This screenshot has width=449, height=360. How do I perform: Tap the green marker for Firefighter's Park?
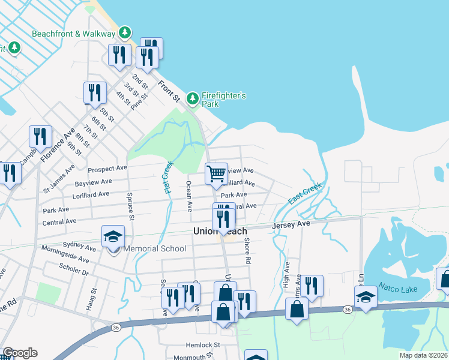pyautogui.click(x=192, y=97)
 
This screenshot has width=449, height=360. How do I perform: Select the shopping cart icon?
pyautogui.click(x=216, y=174)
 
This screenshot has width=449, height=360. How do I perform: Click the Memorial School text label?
pyautogui.click(x=154, y=248)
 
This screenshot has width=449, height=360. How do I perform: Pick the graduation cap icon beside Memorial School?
pyautogui.click(x=112, y=238)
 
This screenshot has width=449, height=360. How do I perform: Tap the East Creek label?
pyautogui.click(x=305, y=194)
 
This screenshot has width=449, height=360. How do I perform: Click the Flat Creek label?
pyautogui.click(x=169, y=177)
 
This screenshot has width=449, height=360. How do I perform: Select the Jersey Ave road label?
pyautogui.click(x=291, y=224)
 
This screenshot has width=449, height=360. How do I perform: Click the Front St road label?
pyautogui.click(x=169, y=88)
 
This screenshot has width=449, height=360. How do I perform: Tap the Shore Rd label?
pyautogui.click(x=247, y=251)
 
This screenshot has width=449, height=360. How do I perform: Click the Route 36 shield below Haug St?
pyautogui.click(x=116, y=328)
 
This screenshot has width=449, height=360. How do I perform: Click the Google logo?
pyautogui.click(x=20, y=353)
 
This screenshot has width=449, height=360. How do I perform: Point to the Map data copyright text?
pyautogui.click(x=424, y=355)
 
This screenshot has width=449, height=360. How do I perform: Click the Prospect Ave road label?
pyautogui.click(x=108, y=169)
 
